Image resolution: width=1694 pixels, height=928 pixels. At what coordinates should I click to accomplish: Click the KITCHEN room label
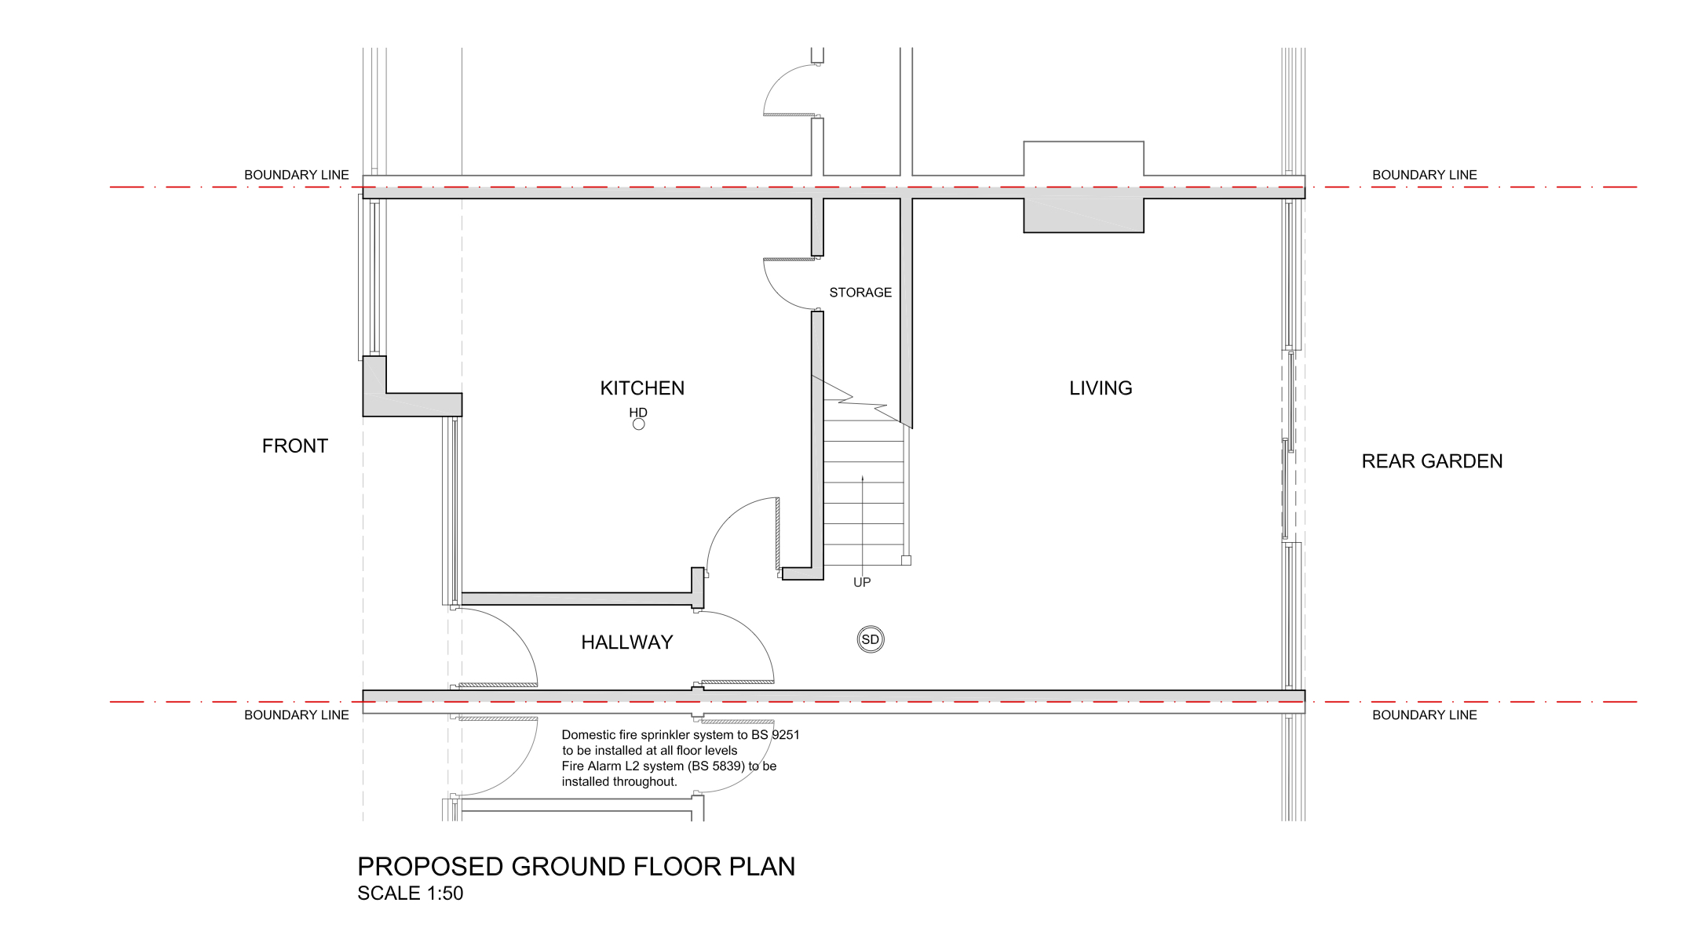click(x=642, y=388)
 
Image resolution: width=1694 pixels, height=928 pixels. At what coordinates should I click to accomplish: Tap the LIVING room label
click(x=1101, y=388)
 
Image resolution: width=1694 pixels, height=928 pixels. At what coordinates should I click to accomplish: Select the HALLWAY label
click(x=627, y=642)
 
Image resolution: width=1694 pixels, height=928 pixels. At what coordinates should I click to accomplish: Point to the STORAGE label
click(x=860, y=293)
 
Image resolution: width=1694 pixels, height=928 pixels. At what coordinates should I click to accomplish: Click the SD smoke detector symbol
click(x=871, y=639)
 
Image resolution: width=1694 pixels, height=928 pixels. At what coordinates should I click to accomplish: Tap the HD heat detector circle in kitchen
click(x=639, y=424)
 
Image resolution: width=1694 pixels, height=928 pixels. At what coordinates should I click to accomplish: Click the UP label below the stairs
click(x=862, y=582)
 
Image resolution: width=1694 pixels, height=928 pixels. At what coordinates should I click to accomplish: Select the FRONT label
click(x=294, y=446)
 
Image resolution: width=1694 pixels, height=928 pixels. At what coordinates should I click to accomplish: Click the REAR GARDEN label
click(x=1432, y=461)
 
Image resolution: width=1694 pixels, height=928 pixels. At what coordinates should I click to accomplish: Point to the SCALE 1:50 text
click(x=410, y=893)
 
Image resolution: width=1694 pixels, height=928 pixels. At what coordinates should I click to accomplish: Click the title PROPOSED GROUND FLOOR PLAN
click(x=576, y=866)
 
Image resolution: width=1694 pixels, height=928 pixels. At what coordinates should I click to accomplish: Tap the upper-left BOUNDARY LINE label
click(x=297, y=175)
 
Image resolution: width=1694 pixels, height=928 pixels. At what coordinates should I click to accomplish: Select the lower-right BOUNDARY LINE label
click(x=1425, y=715)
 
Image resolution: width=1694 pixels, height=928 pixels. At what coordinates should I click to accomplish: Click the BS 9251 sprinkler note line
click(x=681, y=735)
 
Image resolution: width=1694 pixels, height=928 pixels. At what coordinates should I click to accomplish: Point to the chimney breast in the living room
click(x=1083, y=216)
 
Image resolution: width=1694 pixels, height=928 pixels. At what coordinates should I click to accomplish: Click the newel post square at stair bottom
click(x=906, y=560)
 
